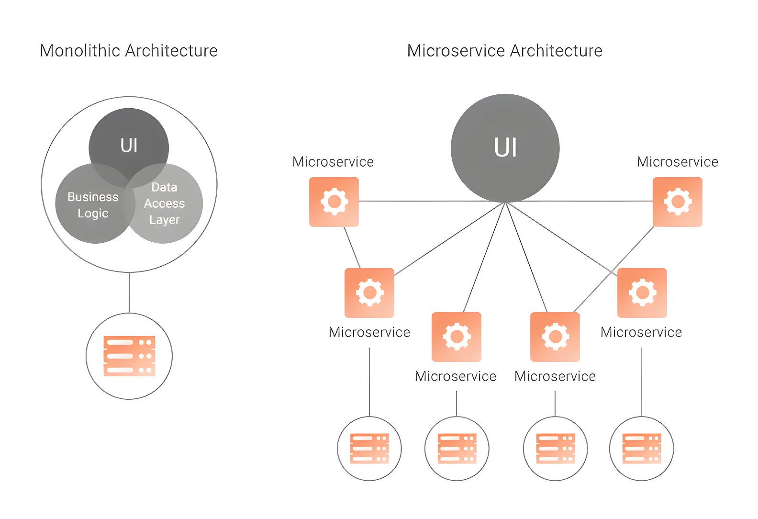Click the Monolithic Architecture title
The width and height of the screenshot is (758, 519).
coord(129,51)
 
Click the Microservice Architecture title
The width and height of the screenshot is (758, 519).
coord(504,51)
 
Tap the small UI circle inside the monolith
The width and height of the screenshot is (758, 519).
coord(129,139)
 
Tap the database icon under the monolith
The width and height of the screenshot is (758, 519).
coord(129,356)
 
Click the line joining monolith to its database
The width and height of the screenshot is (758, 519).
coord(129,293)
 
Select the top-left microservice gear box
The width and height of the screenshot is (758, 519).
coord(334,202)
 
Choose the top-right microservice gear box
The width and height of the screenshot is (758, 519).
coord(678,202)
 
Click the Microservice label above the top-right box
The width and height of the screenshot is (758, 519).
coord(677,162)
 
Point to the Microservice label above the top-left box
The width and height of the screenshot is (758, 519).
coord(333,162)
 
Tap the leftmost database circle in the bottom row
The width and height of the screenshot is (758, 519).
coord(369,449)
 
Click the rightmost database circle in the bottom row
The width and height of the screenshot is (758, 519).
coord(641,449)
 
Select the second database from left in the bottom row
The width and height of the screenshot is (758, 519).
coord(457,449)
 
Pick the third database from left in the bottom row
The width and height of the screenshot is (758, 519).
coord(555,449)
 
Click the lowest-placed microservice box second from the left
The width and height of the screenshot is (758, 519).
coord(457,337)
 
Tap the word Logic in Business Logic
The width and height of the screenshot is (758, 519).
coord(93,214)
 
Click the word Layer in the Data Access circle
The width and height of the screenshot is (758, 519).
coord(164,220)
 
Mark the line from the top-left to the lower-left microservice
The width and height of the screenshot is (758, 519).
coord(352,248)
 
